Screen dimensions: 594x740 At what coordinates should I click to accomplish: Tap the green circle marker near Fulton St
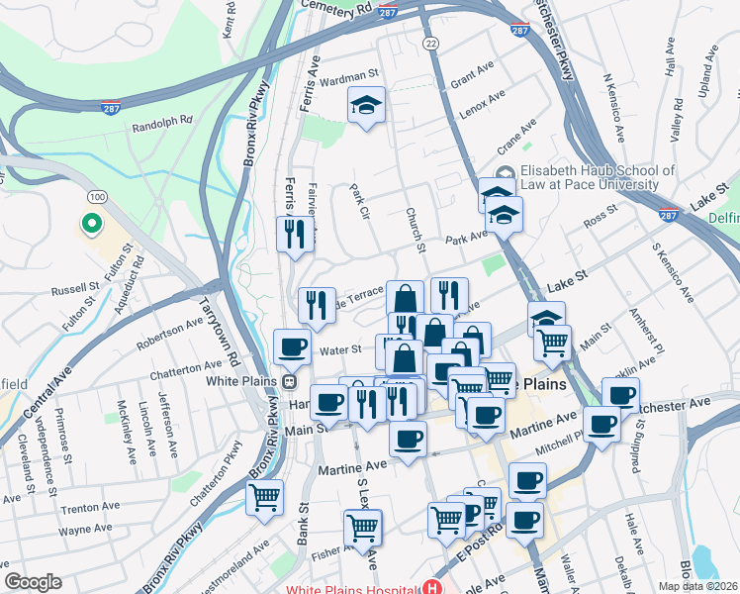pyautogui.click(x=91, y=225)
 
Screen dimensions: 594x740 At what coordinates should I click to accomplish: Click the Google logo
pyautogui.click(x=33, y=582)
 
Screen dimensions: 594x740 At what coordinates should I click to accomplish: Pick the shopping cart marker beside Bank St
pyautogui.click(x=264, y=497)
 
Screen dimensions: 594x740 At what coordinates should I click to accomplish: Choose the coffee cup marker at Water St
pyautogui.click(x=292, y=346)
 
